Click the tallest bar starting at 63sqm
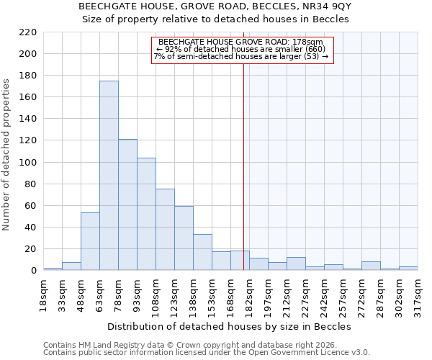tap(109, 176)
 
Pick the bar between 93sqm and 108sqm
tap(146, 214)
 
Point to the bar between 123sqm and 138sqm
tap(184, 238)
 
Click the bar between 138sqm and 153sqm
tap(202, 253)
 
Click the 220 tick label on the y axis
tap(27, 32)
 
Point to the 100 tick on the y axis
tap(27, 163)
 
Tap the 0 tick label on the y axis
tap(33, 271)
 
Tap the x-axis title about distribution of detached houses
tap(233, 326)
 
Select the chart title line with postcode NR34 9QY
tap(216, 6)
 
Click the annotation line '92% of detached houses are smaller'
tap(243, 49)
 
